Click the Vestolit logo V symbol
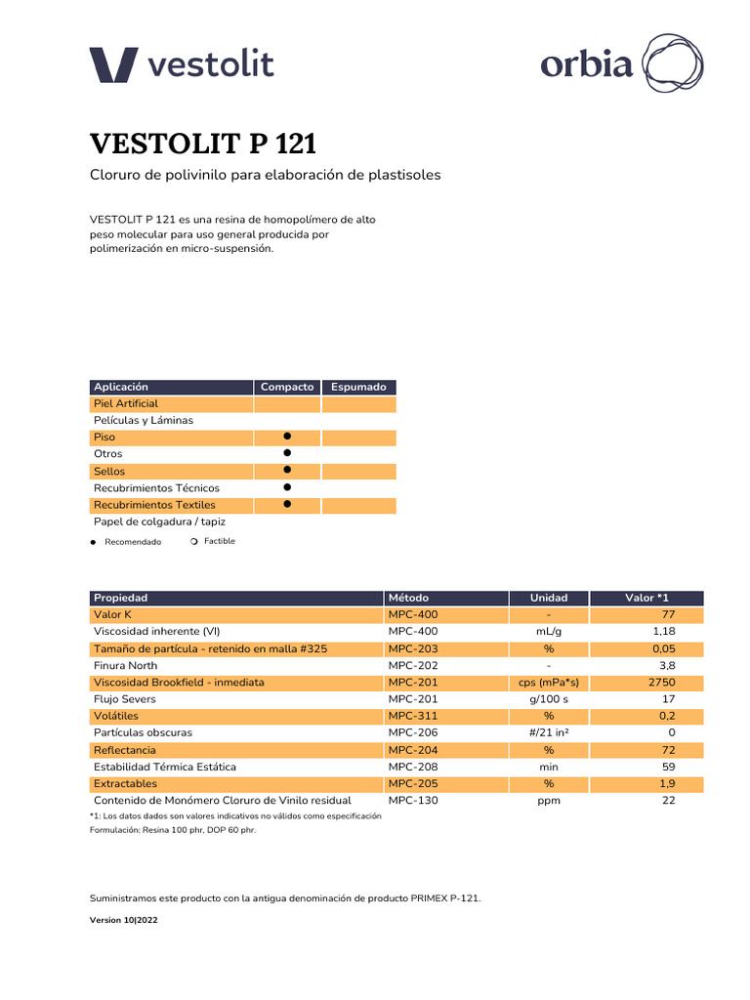(115, 65)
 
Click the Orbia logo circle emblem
(672, 63)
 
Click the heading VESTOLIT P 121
(203, 144)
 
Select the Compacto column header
(287, 387)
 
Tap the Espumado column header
(358, 387)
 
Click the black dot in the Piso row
(287, 437)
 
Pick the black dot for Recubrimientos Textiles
(287, 504)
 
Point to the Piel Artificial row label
(126, 403)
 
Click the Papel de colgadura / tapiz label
(159, 521)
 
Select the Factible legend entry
(219, 541)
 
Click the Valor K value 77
(669, 614)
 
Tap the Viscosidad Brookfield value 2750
(661, 683)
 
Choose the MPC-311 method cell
(413, 716)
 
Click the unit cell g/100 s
(548, 699)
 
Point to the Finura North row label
(125, 665)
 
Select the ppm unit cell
(548, 801)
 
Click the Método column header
(408, 598)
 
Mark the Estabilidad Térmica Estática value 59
(669, 767)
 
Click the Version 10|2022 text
(123, 920)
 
